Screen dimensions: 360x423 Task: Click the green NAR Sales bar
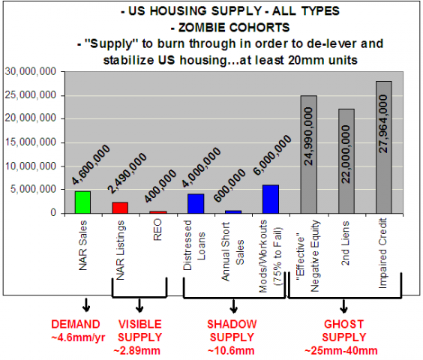82,202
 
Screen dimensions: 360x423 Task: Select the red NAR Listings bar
119,208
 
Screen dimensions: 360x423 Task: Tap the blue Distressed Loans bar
195,203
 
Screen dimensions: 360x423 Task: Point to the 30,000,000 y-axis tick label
31,72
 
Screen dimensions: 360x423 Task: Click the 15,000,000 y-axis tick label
31,142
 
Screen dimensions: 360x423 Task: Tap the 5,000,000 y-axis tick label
34,190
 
